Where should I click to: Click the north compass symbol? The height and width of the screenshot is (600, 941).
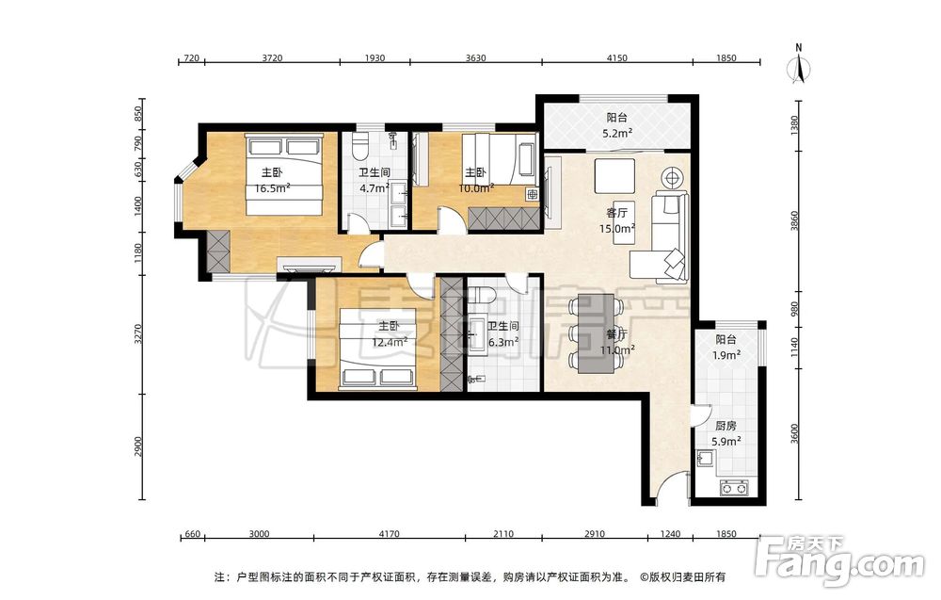[799, 65]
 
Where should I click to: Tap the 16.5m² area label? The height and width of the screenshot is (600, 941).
[273, 188]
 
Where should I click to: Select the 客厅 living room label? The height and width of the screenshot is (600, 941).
[617, 213]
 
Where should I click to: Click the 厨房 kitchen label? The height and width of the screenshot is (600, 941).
[726, 426]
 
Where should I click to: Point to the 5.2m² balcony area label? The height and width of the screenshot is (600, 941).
[617, 134]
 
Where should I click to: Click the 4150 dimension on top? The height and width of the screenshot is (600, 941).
[617, 58]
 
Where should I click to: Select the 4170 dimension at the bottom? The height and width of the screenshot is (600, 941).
[389, 534]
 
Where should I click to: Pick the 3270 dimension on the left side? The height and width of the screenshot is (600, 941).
[138, 334]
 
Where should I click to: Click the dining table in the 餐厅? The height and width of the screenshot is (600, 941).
[596, 333]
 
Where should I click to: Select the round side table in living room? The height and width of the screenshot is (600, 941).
[672, 178]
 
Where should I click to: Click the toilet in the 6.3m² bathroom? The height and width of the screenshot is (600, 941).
[481, 295]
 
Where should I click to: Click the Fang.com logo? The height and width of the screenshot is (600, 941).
[839, 559]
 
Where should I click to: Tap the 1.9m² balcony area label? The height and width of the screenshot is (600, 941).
[726, 355]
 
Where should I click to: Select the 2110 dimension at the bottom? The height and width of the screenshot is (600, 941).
[502, 534]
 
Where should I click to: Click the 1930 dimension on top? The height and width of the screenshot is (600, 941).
[375, 58]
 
